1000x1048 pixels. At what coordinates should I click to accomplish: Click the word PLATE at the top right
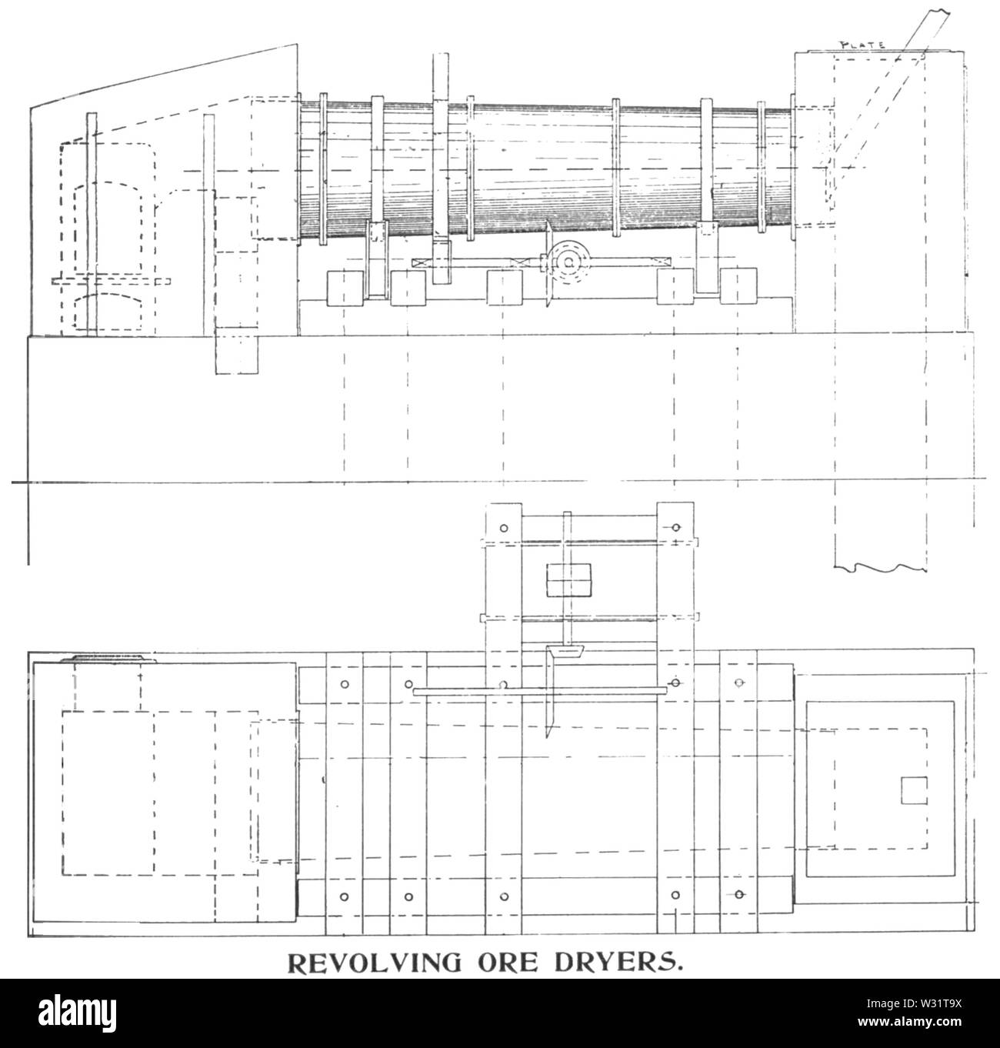tap(862, 45)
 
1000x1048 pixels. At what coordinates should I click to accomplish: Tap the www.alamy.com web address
tap(911, 1022)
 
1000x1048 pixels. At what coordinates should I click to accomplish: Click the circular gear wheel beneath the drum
tap(570, 261)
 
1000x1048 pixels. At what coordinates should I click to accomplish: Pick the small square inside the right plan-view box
tap(914, 790)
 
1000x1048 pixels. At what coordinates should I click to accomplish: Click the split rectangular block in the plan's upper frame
tap(568, 580)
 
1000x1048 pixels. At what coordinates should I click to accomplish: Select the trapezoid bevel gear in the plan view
tap(565, 652)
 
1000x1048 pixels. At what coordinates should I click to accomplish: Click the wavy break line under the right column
tap(880, 568)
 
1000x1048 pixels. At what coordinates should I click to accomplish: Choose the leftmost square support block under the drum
tap(345, 288)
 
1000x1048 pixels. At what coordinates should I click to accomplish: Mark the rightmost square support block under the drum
tap(738, 286)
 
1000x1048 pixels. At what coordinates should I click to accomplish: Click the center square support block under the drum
tap(505, 288)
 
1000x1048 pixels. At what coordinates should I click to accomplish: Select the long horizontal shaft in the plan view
tap(540, 691)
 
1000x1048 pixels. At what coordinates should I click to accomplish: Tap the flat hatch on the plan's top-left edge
tap(109, 659)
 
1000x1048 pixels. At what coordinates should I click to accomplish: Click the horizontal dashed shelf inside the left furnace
tap(112, 281)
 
